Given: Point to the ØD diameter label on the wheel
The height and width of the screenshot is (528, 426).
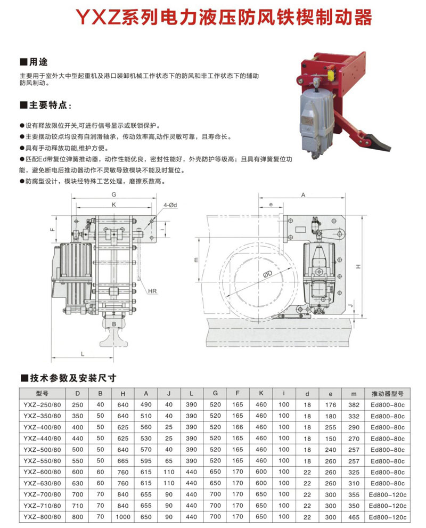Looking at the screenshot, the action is [267, 274].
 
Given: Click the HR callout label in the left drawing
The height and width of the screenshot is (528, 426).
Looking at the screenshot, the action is [152, 291].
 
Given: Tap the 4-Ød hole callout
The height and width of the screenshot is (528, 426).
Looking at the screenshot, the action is [170, 205].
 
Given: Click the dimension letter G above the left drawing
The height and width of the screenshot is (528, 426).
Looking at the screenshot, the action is [114, 194].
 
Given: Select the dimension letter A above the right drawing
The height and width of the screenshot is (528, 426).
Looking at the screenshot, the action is [303, 194].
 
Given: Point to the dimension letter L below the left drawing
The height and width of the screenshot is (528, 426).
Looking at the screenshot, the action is [83, 354].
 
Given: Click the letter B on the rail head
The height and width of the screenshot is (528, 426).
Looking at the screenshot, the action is [114, 324].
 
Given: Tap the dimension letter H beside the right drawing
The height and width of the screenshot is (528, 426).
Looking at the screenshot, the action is [359, 266].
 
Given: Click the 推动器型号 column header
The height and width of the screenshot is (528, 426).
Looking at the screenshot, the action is [387, 393].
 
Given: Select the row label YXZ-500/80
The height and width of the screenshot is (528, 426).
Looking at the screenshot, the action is [43, 450].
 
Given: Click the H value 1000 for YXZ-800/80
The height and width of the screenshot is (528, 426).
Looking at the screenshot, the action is [123, 517].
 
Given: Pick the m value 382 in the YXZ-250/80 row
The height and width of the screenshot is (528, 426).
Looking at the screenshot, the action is [354, 405].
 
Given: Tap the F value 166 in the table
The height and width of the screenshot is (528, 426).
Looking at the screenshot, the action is [237, 427].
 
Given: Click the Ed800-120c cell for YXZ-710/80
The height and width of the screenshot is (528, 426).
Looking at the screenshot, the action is [387, 506].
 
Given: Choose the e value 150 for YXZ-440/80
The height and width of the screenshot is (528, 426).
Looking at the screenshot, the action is [331, 438].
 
